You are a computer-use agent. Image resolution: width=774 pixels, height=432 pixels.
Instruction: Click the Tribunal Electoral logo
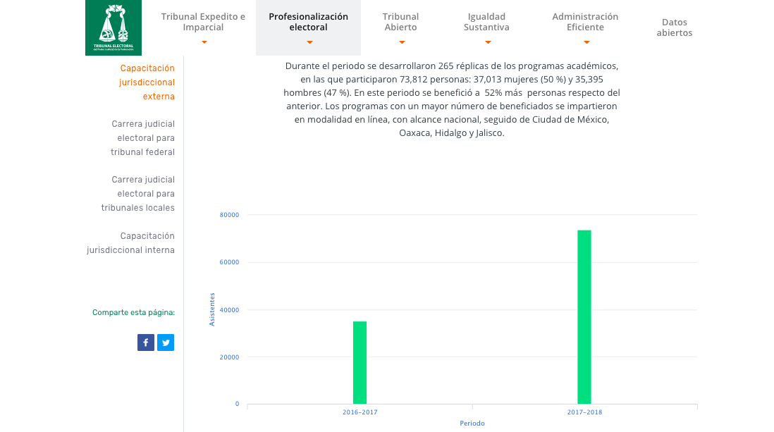tap(113, 27)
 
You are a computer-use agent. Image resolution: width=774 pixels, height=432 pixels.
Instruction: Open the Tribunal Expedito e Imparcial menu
tap(203, 22)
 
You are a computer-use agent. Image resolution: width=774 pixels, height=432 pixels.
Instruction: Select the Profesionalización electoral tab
tap(308, 22)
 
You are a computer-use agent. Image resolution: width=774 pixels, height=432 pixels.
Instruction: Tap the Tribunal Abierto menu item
tap(400, 22)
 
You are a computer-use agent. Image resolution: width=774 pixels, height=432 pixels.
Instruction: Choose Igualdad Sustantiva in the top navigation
tap(486, 22)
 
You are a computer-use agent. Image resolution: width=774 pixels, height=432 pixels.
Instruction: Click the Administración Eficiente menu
tap(585, 22)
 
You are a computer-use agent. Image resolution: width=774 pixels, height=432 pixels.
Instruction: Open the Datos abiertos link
tap(675, 27)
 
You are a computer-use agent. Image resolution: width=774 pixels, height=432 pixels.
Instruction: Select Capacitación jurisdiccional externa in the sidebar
tap(147, 82)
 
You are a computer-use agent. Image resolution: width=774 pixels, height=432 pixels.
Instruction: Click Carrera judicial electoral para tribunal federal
tap(143, 138)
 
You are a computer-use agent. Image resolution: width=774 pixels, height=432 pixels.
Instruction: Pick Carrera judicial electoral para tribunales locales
tap(138, 194)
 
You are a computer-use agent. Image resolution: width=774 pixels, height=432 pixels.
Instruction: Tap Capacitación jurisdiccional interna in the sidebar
tap(131, 243)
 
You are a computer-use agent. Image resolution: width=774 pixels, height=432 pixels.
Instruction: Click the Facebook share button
tap(146, 342)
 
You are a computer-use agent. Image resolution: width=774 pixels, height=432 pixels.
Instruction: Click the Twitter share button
tap(166, 342)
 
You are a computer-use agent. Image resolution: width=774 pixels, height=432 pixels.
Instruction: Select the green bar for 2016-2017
tap(360, 362)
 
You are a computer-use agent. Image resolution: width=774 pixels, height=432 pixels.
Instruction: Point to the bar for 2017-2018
tap(584, 317)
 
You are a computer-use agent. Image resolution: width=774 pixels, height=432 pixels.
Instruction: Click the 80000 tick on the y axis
tap(231, 215)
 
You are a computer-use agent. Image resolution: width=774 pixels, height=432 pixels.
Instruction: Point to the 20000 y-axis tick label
tap(231, 357)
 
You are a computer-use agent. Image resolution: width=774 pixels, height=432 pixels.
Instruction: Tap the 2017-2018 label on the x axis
tap(584, 412)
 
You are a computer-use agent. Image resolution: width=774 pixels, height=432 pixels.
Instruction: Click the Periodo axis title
tap(472, 424)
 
